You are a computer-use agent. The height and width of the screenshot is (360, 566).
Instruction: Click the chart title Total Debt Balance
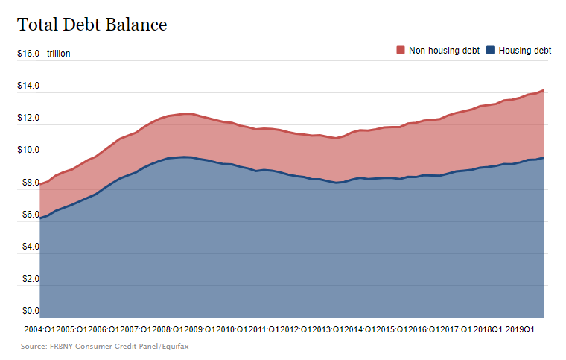pyautogui.click(x=92, y=25)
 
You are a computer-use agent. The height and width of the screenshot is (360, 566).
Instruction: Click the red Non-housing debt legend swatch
pyautogui.click(x=400, y=51)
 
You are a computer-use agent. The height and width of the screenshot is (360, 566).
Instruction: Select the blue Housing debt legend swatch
pyautogui.click(x=490, y=51)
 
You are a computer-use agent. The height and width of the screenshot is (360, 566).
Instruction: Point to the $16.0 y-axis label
pyautogui.click(x=28, y=54)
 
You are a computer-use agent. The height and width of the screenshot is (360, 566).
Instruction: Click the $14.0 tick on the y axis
pyautogui.click(x=28, y=86)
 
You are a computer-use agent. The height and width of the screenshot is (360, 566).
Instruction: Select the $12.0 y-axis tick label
pyautogui.click(x=28, y=119)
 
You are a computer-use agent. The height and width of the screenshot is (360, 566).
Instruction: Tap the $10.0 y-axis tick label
pyautogui.click(x=28, y=151)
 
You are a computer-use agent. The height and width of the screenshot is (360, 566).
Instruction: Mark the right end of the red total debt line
pyautogui.click(x=544, y=91)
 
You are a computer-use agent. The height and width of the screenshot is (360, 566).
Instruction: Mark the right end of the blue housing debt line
pyautogui.click(x=544, y=157)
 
